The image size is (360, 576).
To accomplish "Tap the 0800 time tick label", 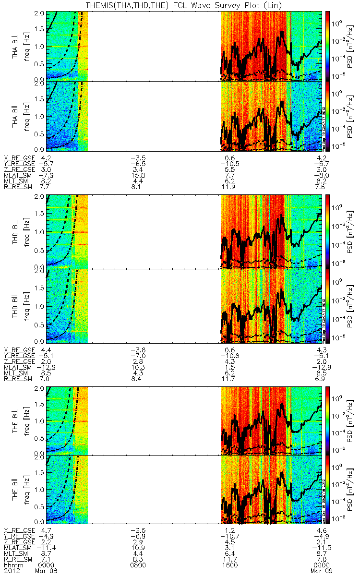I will pos(138,565).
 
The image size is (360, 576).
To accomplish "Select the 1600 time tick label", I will pos(229,565).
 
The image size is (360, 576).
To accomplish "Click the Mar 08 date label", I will pos(48,571).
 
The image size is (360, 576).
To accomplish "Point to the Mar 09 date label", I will pos(321,571).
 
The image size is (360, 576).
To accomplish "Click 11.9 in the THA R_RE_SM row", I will pos(229,187).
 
